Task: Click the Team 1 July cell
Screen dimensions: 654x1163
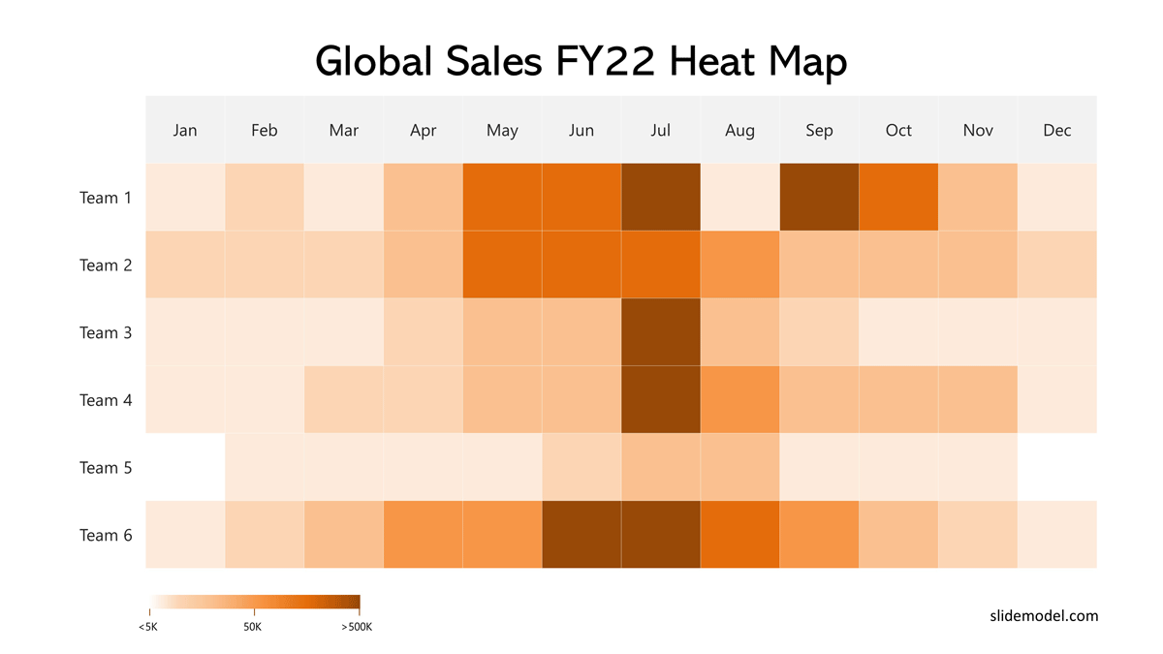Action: coord(661,198)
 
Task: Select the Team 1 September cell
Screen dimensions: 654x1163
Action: coord(819,198)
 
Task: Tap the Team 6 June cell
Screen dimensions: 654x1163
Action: coord(581,535)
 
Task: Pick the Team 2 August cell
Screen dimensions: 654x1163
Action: coord(739,265)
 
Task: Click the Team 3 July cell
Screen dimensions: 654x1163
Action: coord(661,332)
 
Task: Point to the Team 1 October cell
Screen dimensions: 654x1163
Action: coord(898,198)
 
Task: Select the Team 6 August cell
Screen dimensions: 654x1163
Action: coord(739,535)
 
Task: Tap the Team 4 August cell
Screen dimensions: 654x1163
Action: coord(739,400)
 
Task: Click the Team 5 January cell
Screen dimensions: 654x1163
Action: coord(185,467)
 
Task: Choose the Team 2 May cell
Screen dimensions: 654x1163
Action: coord(502,265)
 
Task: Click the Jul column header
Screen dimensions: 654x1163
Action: coord(661,130)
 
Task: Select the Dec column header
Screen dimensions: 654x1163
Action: coord(1057,130)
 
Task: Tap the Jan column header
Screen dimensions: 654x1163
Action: coord(185,130)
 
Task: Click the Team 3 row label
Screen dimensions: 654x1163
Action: coord(106,333)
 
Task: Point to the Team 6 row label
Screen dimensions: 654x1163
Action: coord(106,536)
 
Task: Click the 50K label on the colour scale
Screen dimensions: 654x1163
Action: coord(252,627)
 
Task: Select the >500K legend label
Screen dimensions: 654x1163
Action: coord(357,627)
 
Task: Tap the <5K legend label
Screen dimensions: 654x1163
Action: coord(148,627)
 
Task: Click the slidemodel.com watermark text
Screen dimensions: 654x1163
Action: coord(1044,615)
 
